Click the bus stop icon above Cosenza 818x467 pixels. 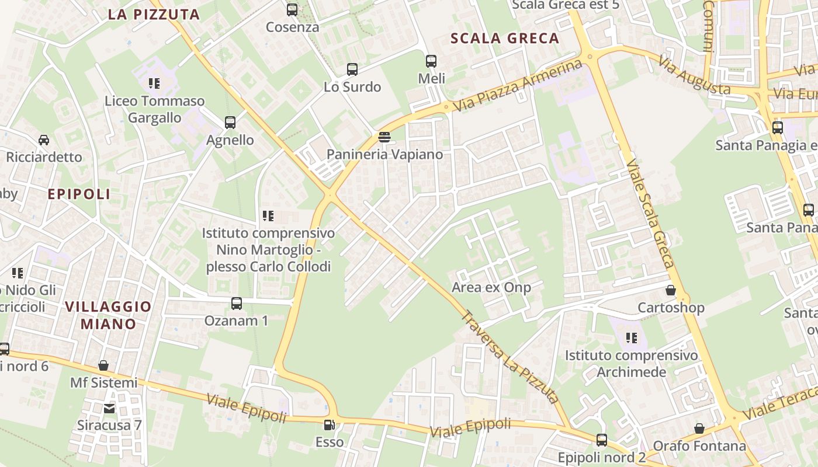292,10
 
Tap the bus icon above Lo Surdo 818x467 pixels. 352,69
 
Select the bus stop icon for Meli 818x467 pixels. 431,61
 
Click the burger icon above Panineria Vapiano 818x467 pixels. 384,137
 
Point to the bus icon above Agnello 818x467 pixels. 230,123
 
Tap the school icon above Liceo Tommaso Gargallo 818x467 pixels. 154,83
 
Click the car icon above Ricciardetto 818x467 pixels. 44,140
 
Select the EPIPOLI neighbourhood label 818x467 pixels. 79,194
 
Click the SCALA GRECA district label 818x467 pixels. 505,39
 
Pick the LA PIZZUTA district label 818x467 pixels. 154,15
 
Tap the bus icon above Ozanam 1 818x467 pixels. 237,304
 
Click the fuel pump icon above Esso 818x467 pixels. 330,425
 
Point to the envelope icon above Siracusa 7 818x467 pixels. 109,408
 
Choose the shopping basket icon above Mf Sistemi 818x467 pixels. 103,365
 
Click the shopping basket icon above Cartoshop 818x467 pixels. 671,290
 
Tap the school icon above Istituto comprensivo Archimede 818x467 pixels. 631,337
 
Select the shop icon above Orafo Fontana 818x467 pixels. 699,429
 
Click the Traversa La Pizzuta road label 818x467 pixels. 510,357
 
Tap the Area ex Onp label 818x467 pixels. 491,287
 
